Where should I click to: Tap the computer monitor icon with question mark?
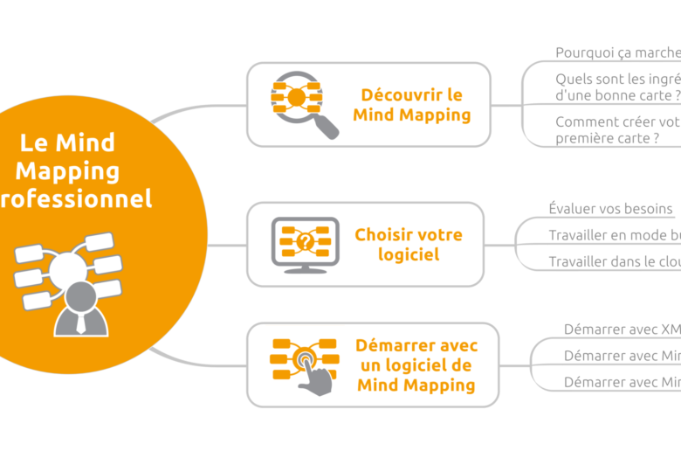pyautogui.click(x=305, y=244)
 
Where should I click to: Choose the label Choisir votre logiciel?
pyautogui.click(x=409, y=245)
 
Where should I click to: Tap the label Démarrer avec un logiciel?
pyautogui.click(x=416, y=365)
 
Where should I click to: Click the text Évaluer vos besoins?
pyautogui.click(x=611, y=208)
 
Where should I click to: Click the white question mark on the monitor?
pyautogui.click(x=305, y=240)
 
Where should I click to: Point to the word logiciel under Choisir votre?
pyautogui.click(x=409, y=254)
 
